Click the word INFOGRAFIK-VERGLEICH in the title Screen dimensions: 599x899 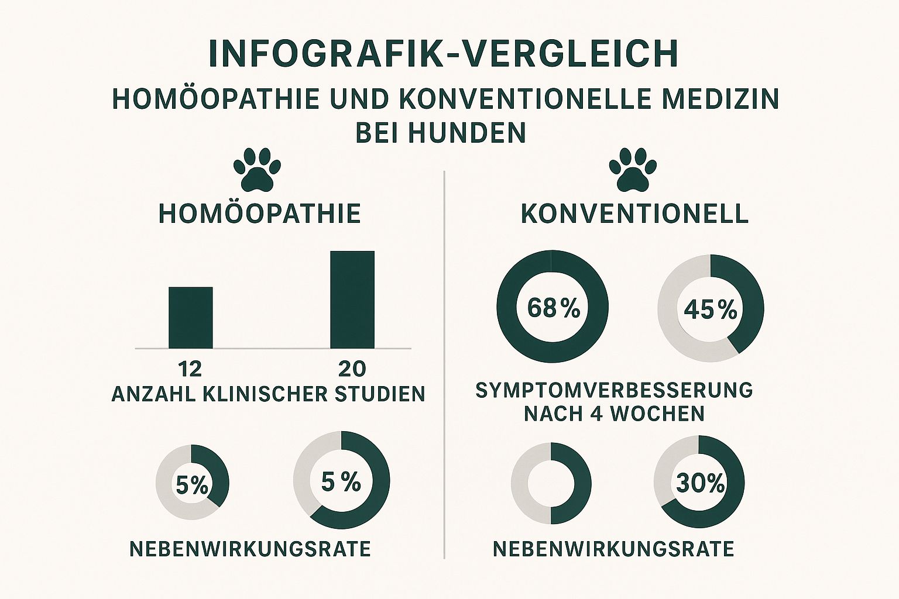click(x=443, y=54)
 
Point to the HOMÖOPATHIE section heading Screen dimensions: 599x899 click(x=260, y=214)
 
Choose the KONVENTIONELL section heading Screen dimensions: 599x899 click(x=634, y=214)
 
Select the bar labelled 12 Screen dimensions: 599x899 click(x=191, y=318)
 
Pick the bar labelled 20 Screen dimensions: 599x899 click(x=352, y=299)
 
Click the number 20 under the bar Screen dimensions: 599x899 click(x=352, y=369)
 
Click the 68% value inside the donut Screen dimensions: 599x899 click(x=553, y=308)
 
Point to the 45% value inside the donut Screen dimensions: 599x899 click(x=710, y=310)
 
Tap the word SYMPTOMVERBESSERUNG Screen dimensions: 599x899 click(x=614, y=390)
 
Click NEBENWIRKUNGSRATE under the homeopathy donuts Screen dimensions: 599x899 click(x=250, y=549)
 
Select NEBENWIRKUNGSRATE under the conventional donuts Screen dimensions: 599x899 click(x=613, y=549)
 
